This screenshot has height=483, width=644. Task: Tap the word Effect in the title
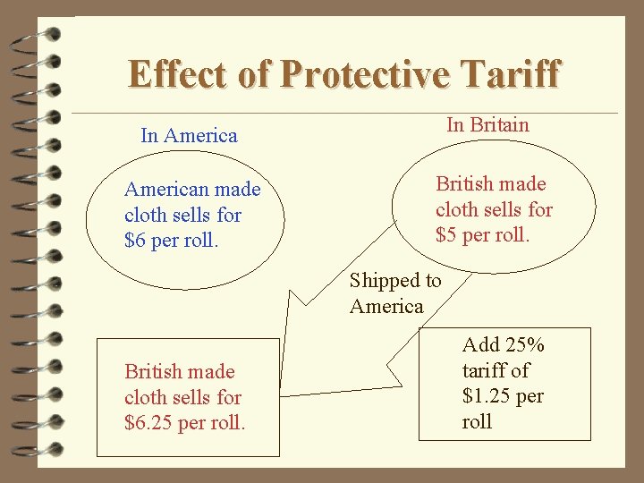click(179, 74)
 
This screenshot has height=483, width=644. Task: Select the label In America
click(189, 136)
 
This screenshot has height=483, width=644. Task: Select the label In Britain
click(487, 124)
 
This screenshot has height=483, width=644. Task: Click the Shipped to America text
click(394, 293)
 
